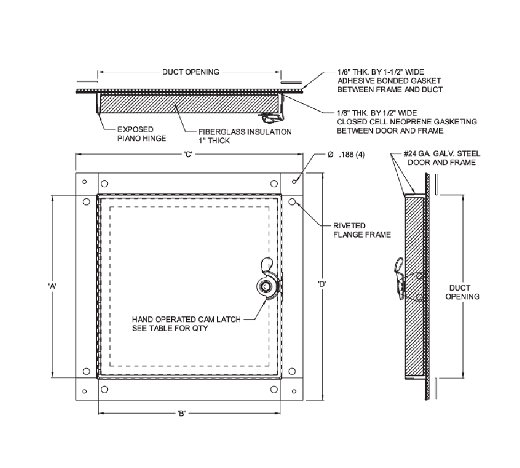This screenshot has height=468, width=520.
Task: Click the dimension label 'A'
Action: tap(52, 285)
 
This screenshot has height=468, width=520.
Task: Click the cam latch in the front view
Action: tap(267, 285)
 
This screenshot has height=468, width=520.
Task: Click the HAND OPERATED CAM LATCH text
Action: tap(186, 323)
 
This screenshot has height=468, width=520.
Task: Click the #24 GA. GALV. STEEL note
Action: tap(442, 158)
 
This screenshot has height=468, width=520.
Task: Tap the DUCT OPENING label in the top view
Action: tap(190, 72)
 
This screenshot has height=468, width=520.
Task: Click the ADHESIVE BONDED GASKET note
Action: tap(390, 81)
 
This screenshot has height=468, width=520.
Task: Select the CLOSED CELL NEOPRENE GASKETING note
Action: tap(406, 122)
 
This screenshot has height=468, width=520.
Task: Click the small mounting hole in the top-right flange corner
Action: tap(294, 181)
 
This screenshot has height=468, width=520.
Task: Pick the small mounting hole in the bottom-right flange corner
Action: tap(294, 390)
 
